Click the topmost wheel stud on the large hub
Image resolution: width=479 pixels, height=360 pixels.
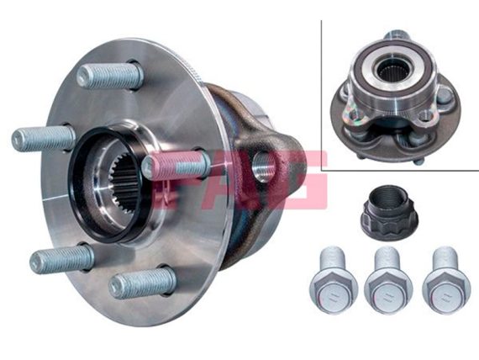click(110, 76)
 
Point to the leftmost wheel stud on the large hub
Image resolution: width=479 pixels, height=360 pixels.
click(44, 139)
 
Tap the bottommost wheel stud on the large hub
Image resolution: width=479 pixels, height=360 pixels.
click(143, 282)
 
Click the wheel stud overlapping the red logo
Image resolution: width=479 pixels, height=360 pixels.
click(176, 166)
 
